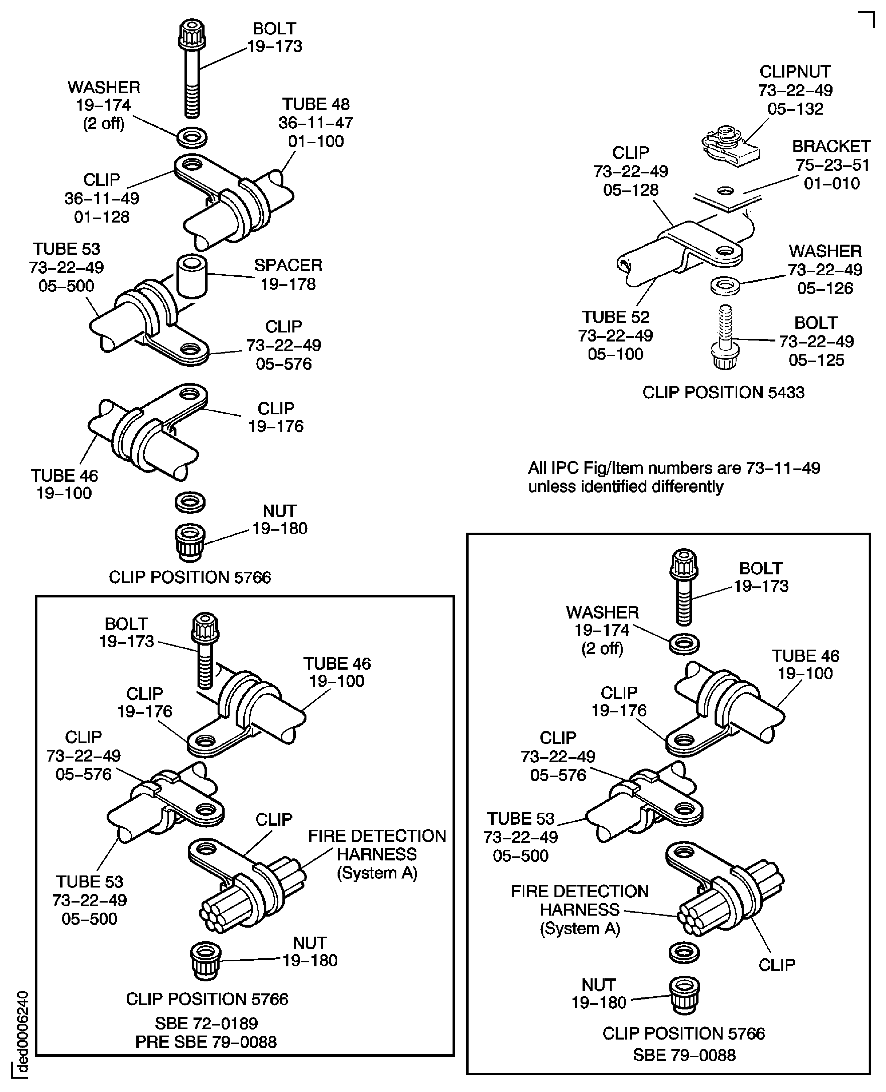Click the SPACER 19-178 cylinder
[192, 277]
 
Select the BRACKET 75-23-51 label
[831, 165]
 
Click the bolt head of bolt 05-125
[725, 355]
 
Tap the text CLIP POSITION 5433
[723, 392]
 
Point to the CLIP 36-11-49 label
[102, 198]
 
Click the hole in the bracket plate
[725, 191]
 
